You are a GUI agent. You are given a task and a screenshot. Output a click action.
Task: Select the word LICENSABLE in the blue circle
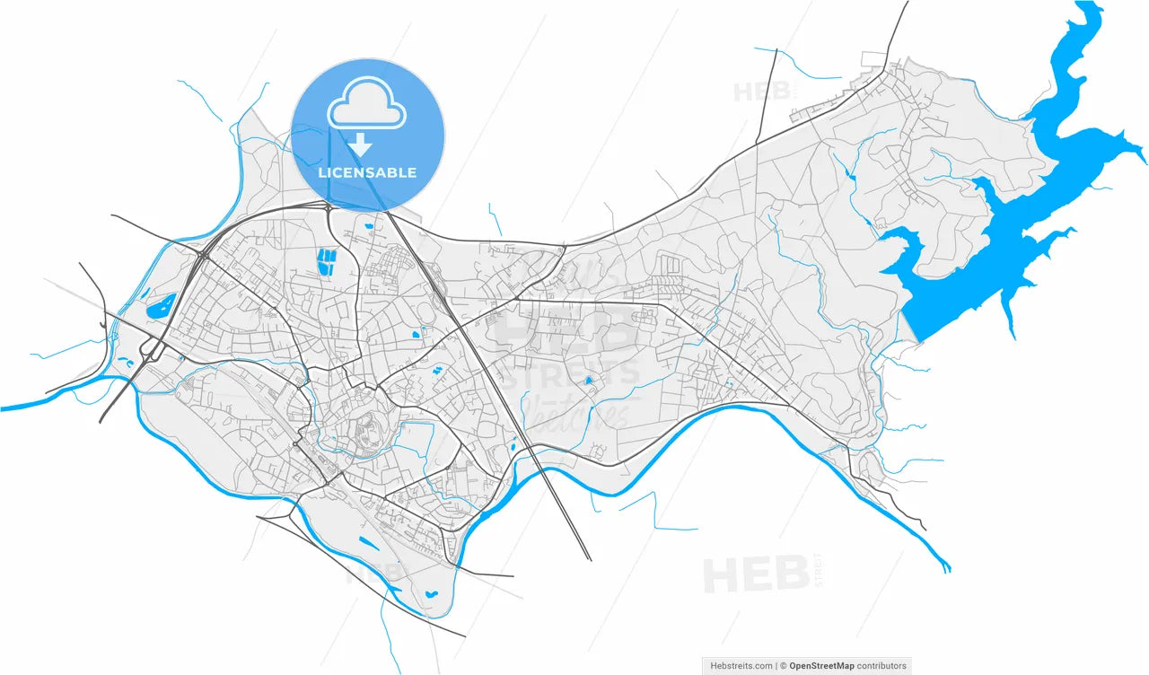point(367,172)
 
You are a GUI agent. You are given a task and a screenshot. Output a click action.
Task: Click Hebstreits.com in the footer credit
point(741,666)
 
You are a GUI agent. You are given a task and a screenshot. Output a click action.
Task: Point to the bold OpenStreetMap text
point(821,666)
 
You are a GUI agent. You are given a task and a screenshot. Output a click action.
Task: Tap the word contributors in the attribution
point(881,666)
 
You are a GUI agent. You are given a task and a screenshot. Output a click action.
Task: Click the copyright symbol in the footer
point(783,666)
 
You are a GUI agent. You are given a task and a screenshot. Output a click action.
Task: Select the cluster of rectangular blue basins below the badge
point(325,261)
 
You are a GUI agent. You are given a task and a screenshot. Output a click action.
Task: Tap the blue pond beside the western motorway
point(162,307)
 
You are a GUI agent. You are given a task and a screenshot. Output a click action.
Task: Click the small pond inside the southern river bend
point(430,593)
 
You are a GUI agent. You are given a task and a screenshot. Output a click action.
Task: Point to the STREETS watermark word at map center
point(569,372)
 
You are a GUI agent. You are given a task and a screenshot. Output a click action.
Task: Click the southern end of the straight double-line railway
point(589,557)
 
